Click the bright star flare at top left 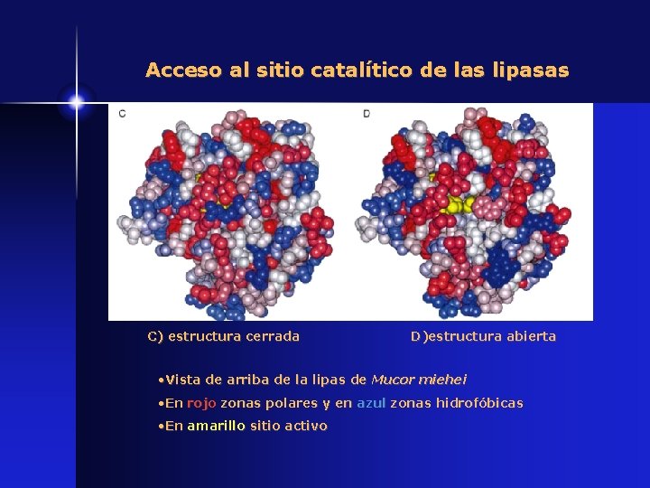[76, 102]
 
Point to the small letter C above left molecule [122, 113]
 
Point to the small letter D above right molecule [367, 113]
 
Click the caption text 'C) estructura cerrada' [223, 336]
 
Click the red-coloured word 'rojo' [201, 403]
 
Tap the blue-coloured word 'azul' [371, 403]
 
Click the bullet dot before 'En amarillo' [159, 426]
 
